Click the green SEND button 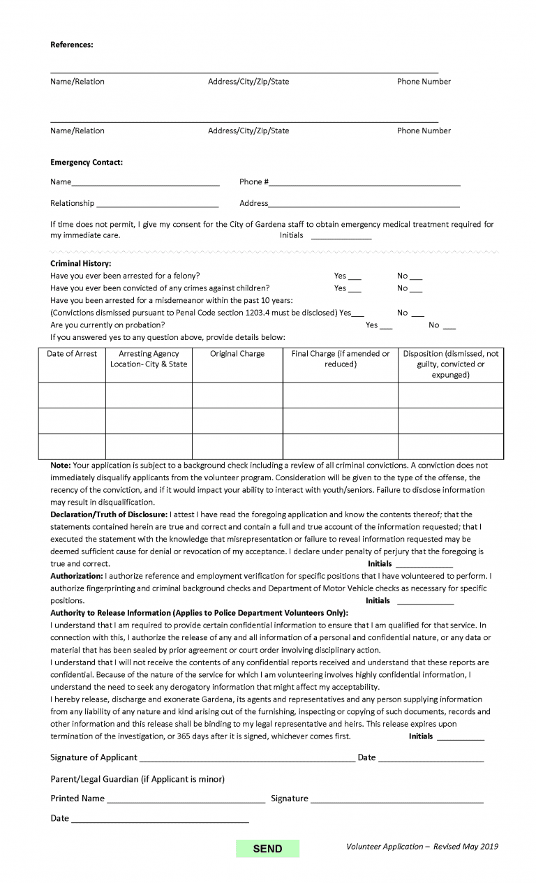(267, 849)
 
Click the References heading (71, 45)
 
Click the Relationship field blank (157, 205)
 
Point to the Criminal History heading (80, 263)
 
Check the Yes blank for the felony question (354, 277)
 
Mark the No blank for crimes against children (415, 289)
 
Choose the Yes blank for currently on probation (385, 326)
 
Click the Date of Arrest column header (72, 354)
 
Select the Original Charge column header (237, 354)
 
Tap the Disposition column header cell (451, 364)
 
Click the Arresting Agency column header (149, 359)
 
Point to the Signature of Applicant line (246, 759)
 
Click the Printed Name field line (186, 799)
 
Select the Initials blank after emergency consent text (341, 237)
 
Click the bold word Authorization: (77, 576)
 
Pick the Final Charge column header (341, 359)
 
